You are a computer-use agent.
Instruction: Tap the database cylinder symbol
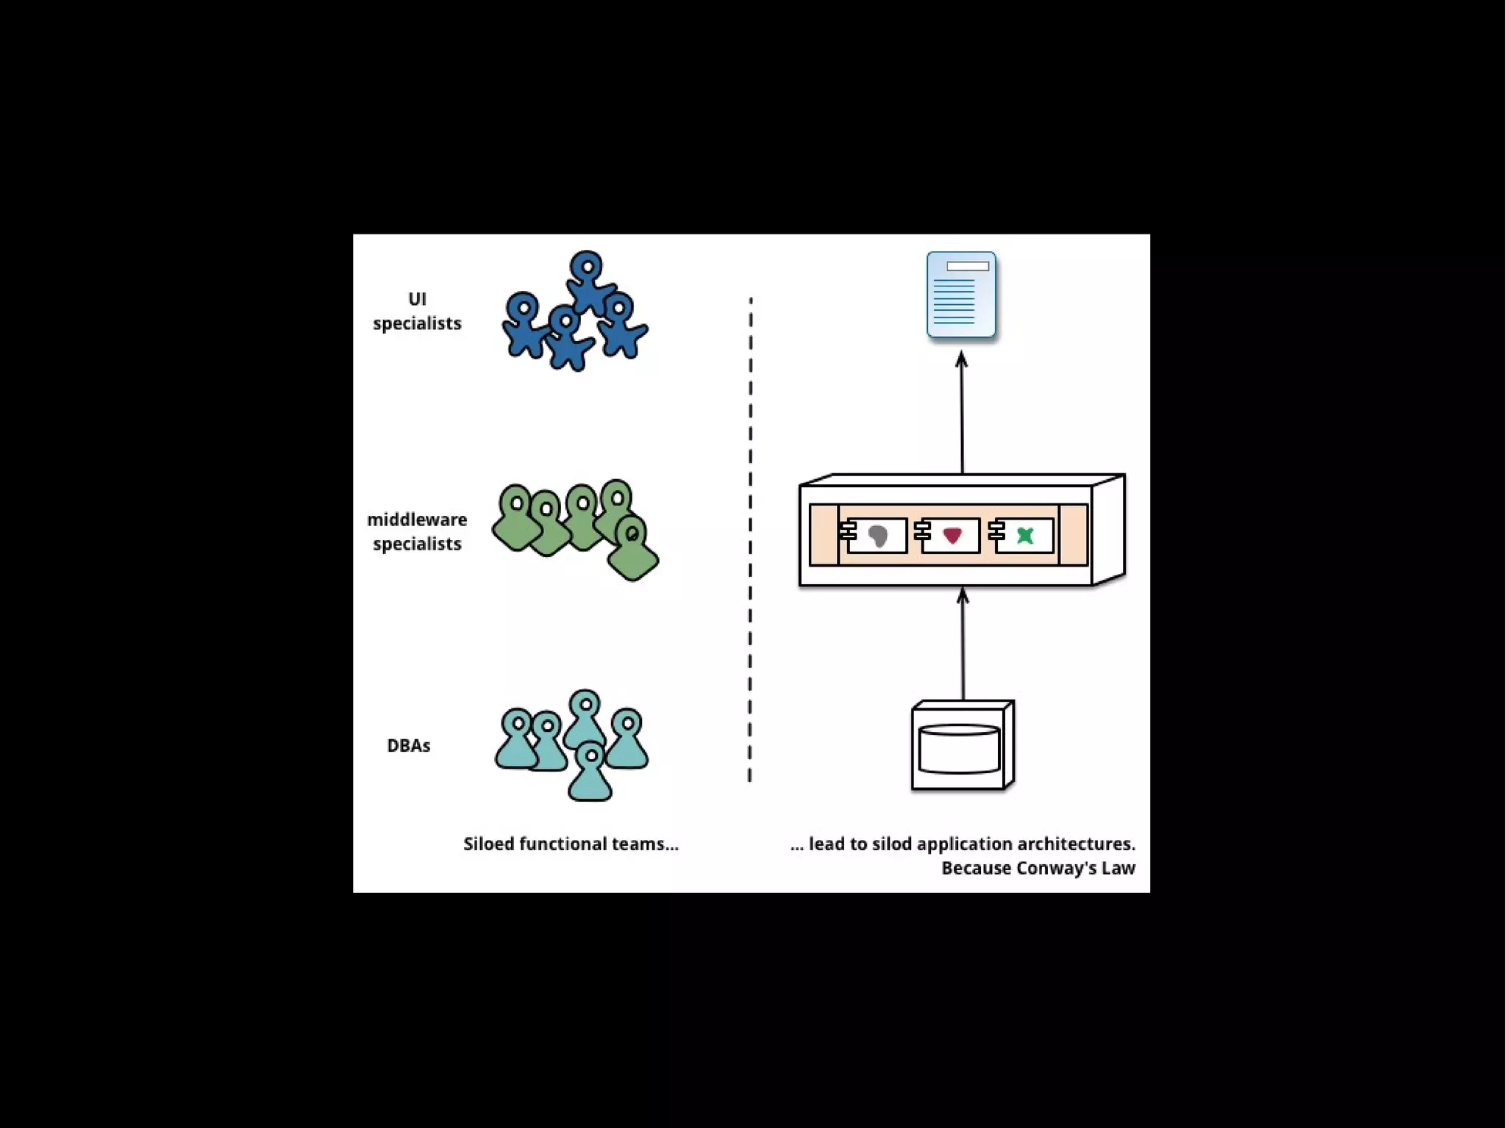point(959,749)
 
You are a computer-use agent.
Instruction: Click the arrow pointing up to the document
point(962,412)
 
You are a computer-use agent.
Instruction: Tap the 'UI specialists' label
point(417,311)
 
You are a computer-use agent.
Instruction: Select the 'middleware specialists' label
point(417,531)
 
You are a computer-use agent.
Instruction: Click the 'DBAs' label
point(408,745)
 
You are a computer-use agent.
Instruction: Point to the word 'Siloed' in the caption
point(488,844)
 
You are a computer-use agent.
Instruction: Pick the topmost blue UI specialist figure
point(588,280)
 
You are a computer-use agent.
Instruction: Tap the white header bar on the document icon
point(968,266)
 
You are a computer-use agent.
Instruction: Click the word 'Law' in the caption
point(1118,868)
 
